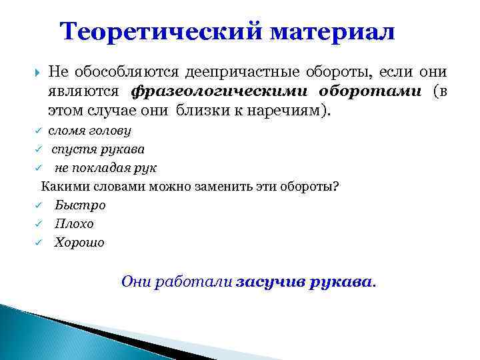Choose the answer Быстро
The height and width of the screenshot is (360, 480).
80,205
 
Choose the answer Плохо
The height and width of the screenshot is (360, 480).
75,223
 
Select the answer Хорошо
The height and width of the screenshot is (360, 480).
79,243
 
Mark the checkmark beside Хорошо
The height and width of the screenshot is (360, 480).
39,243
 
